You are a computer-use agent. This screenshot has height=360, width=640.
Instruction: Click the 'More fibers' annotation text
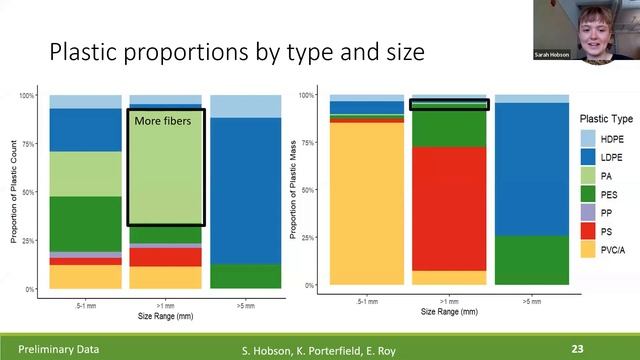[161, 122]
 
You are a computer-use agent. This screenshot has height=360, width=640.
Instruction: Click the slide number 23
[577, 349]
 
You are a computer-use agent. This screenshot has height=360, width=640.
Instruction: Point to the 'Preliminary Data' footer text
[46, 349]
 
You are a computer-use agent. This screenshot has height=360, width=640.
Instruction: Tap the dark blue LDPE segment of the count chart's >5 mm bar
[246, 190]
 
